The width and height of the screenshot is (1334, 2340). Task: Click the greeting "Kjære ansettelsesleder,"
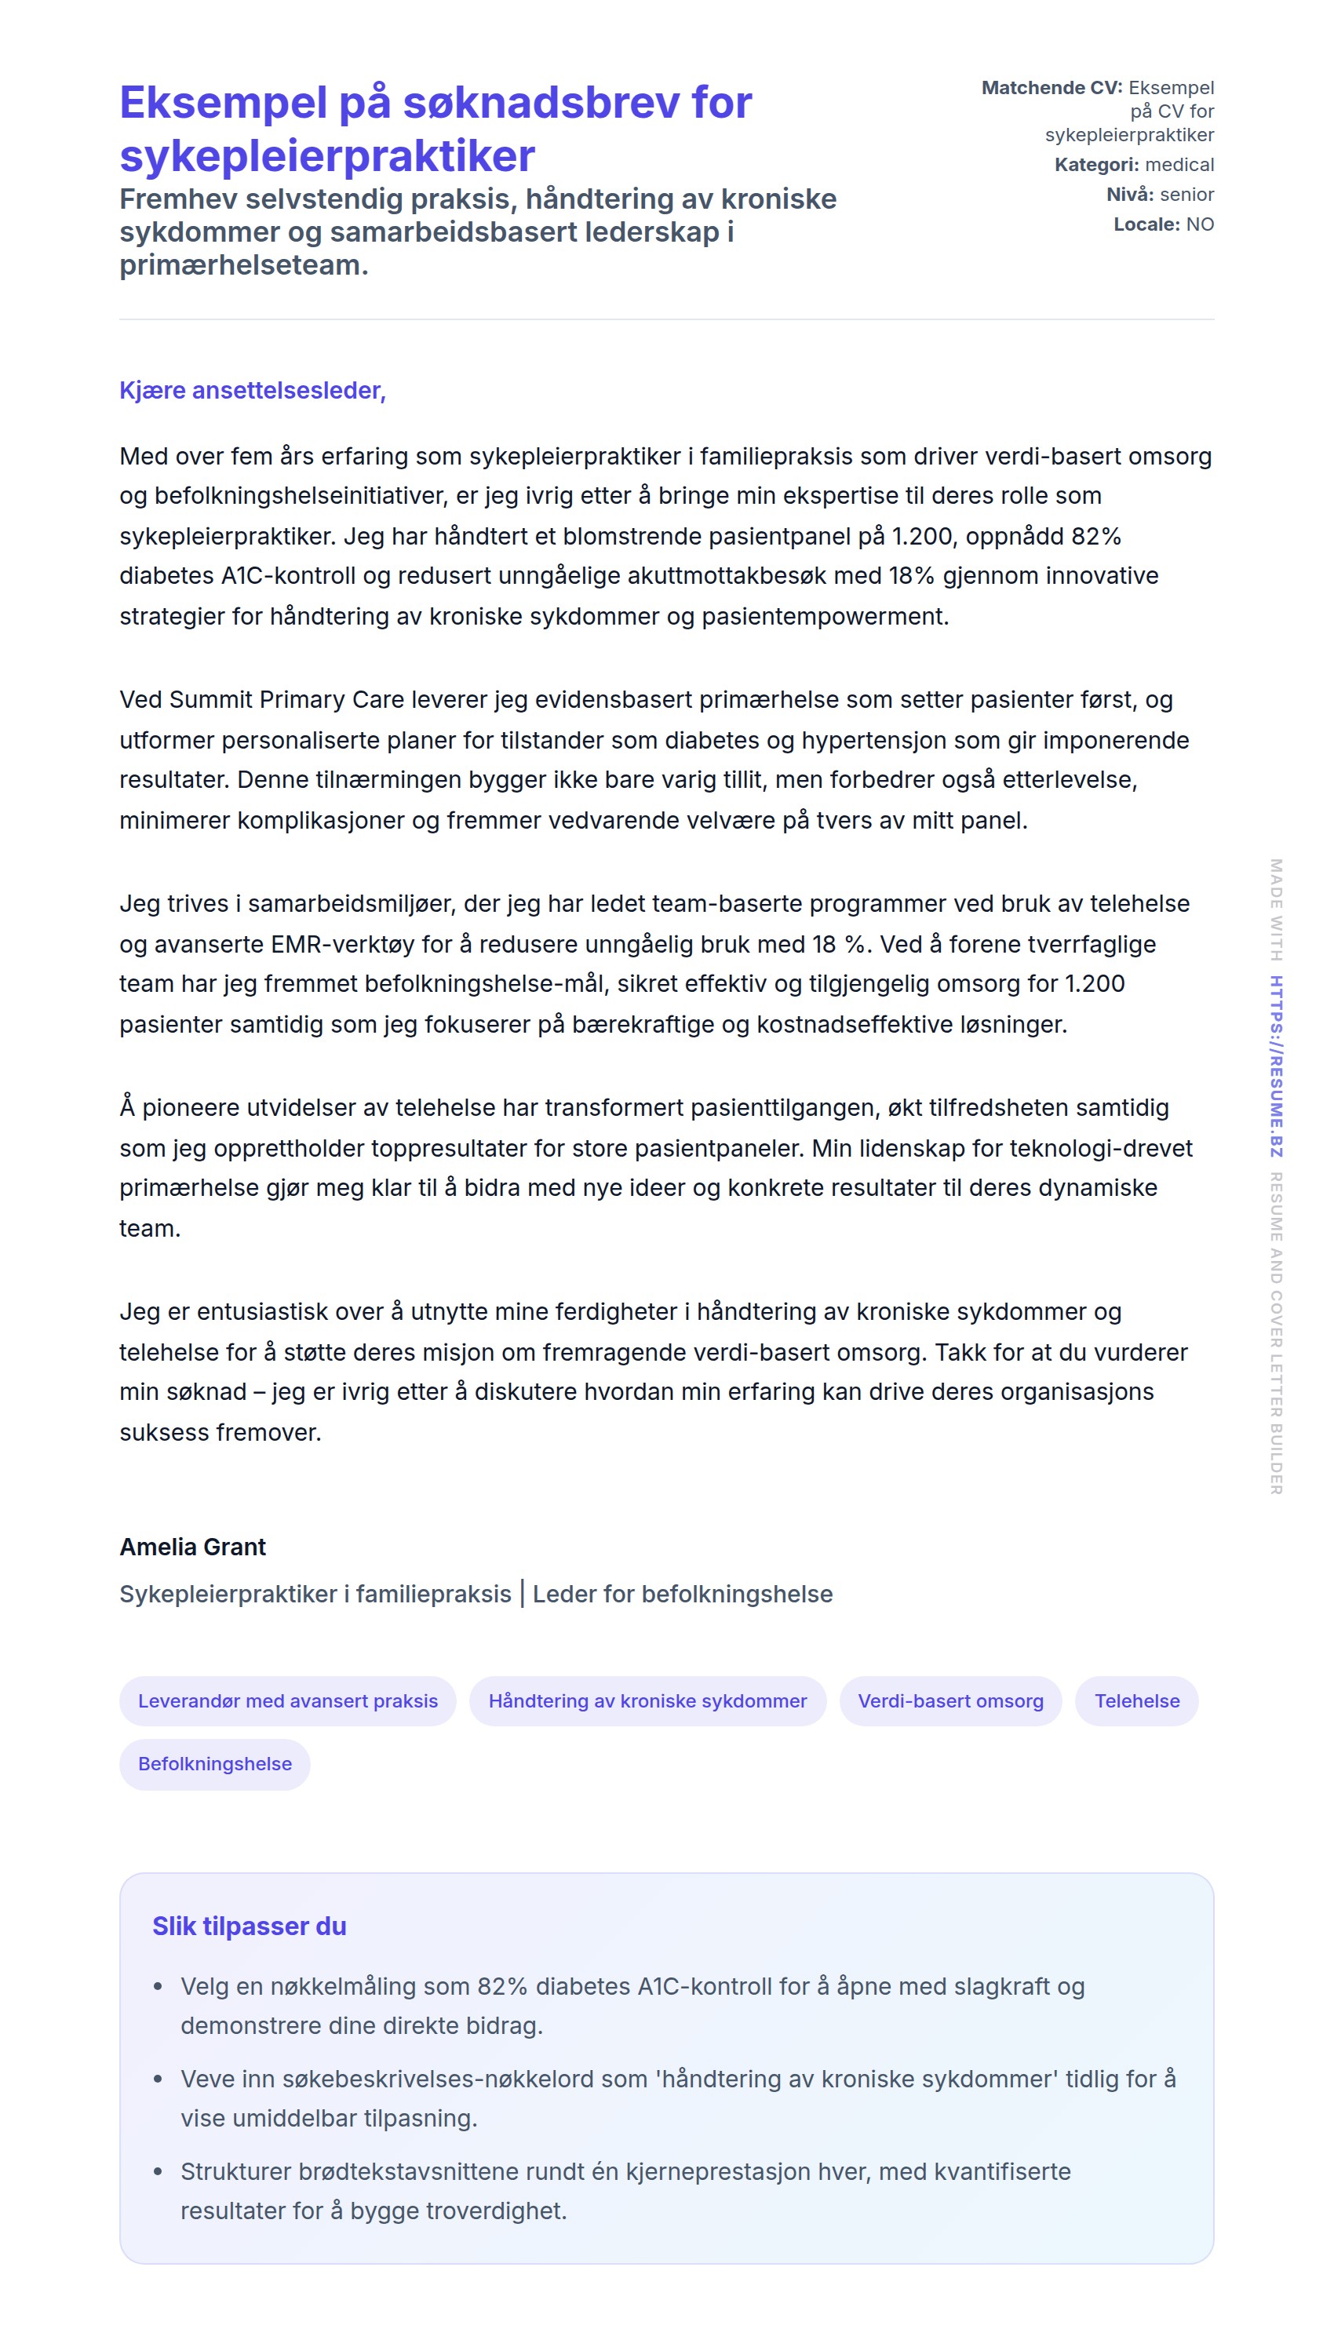(x=252, y=390)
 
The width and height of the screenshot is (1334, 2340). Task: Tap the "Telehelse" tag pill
(x=1136, y=1700)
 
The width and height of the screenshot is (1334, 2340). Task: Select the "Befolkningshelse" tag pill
(x=214, y=1764)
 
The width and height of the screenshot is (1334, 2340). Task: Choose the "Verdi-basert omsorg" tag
(x=950, y=1700)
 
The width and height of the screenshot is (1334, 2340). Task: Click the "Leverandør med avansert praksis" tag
(x=288, y=1700)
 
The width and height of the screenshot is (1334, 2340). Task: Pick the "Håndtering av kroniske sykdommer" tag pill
(x=647, y=1700)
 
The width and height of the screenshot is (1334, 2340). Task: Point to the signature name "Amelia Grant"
(x=192, y=1547)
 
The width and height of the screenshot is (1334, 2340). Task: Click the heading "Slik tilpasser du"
(x=250, y=1926)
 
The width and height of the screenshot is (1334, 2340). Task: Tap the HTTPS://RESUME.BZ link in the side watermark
(x=1275, y=1066)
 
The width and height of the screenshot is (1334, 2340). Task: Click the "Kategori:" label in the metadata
(x=1095, y=165)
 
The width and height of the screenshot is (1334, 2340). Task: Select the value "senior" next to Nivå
(x=1186, y=195)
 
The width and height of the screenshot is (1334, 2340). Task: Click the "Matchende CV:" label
(x=1051, y=88)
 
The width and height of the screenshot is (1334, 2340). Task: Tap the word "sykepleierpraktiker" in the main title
(x=327, y=155)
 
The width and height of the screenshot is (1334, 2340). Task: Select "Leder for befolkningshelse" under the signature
(x=683, y=1595)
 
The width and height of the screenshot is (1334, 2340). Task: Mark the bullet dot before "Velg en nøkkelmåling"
(x=158, y=1986)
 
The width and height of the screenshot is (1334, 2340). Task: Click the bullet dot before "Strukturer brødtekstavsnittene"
(x=158, y=2171)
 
